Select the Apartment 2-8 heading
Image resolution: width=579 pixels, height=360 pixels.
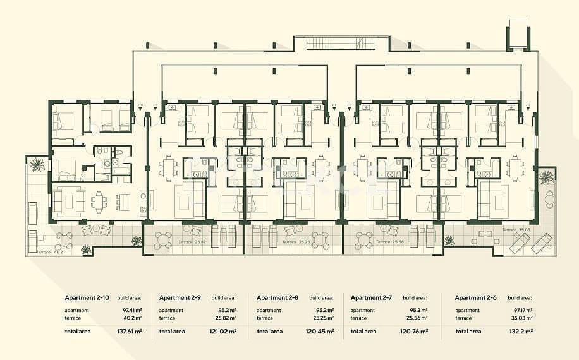pos(277,297)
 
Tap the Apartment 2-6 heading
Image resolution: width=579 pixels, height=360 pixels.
pos(475,297)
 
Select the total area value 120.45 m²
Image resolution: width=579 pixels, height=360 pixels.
pos(320,331)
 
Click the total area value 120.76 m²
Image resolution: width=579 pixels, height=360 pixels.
pos(415,331)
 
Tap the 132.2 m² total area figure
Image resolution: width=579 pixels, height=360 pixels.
pos(521,331)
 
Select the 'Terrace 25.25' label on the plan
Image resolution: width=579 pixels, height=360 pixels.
pos(296,242)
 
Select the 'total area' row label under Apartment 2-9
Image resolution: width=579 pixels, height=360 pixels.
pos(172,331)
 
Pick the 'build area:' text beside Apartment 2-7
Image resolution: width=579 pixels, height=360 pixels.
pos(415,297)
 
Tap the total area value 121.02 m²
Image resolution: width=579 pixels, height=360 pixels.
pos(224,331)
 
